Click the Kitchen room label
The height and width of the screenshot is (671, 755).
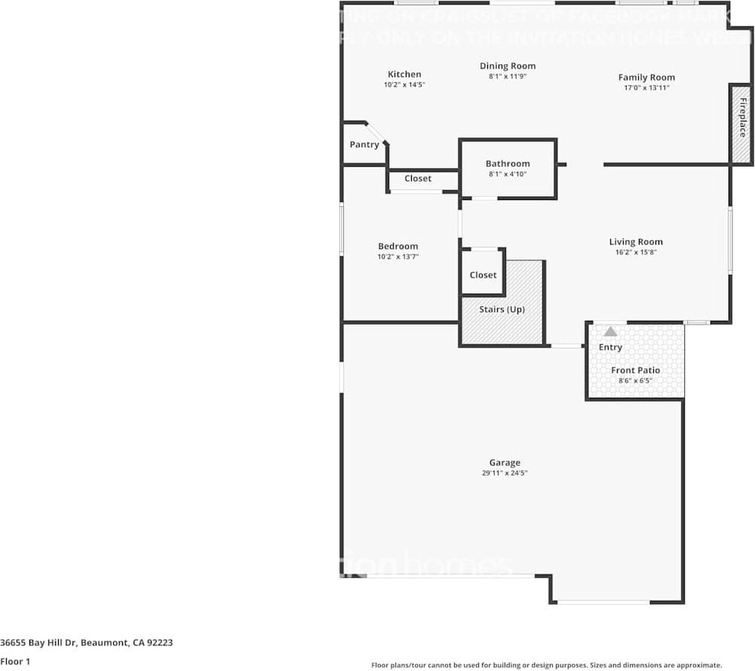404,74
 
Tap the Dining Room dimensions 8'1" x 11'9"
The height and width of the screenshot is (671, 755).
507,76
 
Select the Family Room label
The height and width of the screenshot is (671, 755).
646,77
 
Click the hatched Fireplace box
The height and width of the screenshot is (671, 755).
741,124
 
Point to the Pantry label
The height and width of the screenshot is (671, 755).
364,144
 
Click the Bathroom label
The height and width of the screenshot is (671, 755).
508,163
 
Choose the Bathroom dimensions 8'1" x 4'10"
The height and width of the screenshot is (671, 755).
508,174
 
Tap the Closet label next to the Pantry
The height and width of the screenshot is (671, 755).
418,178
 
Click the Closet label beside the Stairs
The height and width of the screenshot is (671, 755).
483,275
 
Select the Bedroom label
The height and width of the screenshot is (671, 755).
397,246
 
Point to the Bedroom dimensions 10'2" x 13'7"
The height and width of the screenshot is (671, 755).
397,257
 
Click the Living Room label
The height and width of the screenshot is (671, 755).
636,242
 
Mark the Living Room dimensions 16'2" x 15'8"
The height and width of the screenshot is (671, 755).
636,252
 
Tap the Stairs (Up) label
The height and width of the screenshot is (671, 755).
502,309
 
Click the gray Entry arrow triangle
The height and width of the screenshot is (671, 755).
610,331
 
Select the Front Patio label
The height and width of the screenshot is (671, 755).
635,370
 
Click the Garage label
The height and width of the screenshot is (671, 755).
505,463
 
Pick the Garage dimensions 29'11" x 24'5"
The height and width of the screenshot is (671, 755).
505,473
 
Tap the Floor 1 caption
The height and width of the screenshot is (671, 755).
14,662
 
